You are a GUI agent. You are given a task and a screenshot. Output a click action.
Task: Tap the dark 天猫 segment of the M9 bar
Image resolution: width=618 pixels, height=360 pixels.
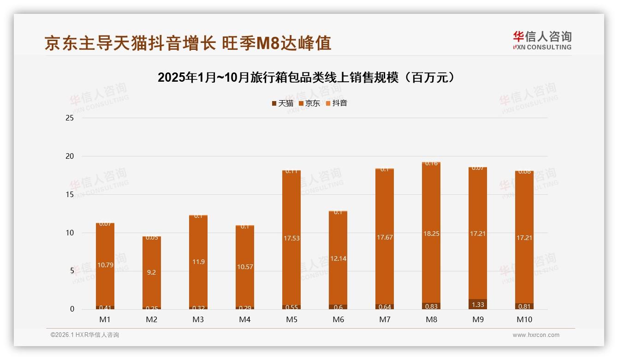pyautogui.click(x=477, y=304)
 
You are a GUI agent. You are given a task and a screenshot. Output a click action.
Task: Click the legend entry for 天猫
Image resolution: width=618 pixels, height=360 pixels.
pyautogui.click(x=283, y=103)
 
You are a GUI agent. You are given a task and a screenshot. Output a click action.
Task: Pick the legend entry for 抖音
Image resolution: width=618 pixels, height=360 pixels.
pyautogui.click(x=336, y=103)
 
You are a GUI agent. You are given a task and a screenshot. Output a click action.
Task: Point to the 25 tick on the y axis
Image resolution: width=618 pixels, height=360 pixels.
pyautogui.click(x=70, y=118)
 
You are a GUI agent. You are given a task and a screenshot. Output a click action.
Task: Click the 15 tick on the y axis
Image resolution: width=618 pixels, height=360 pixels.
pyautogui.click(x=70, y=195)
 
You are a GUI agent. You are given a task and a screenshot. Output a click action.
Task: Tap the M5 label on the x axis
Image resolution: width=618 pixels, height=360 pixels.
pyautogui.click(x=291, y=319)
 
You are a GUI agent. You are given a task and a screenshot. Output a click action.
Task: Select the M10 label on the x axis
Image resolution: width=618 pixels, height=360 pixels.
pyautogui.click(x=524, y=319)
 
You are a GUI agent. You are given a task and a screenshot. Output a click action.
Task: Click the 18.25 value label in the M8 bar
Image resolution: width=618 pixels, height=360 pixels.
pyautogui.click(x=431, y=234)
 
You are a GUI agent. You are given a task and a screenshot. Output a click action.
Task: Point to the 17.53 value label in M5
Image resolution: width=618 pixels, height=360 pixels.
pyautogui.click(x=291, y=238)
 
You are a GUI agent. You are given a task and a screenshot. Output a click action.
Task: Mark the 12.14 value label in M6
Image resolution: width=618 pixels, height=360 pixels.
pyautogui.click(x=338, y=259)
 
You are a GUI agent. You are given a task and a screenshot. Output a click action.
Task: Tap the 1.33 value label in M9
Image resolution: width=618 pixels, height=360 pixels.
pyautogui.click(x=478, y=305)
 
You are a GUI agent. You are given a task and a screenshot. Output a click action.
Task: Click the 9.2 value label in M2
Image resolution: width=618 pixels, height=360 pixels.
pyautogui.click(x=151, y=273)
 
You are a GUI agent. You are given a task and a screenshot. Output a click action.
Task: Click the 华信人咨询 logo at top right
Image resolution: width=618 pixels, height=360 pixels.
pyautogui.click(x=542, y=40)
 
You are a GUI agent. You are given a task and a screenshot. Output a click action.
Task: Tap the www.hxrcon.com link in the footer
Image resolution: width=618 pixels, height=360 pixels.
pyautogui.click(x=536, y=335)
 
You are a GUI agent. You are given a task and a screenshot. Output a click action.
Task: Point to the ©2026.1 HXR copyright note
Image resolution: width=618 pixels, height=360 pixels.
pyautogui.click(x=85, y=335)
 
